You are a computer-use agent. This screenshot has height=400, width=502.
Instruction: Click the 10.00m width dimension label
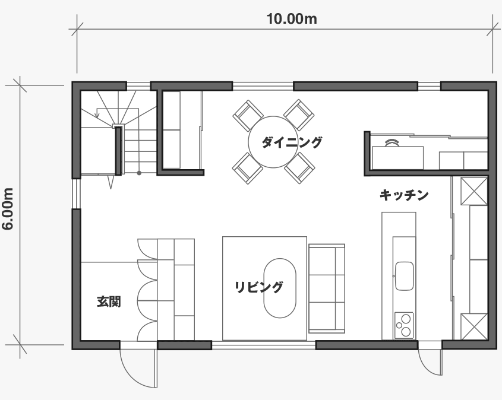pyautogui.click(x=292, y=19)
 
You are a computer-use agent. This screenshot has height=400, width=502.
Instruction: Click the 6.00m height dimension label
pyautogui.click(x=8, y=209)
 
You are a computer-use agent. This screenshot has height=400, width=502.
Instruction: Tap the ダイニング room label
pyautogui.click(x=292, y=142)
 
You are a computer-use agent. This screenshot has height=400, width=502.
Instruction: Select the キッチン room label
pyautogui.click(x=404, y=195)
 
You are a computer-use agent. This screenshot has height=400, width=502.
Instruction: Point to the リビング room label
pyautogui.click(x=258, y=287)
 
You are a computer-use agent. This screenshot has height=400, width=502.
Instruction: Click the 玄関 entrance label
pyautogui.click(x=109, y=301)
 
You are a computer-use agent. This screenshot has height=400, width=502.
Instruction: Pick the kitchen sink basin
pyautogui.click(x=405, y=276)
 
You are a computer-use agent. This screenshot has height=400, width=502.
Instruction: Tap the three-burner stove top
pyautogui.click(x=404, y=325)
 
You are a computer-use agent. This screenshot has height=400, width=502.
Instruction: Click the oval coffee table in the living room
pyautogui.click(x=280, y=288)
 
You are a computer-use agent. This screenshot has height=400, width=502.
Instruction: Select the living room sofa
pyautogui.click(x=327, y=288)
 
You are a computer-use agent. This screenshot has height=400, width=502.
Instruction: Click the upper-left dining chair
pyautogui.click(x=248, y=115)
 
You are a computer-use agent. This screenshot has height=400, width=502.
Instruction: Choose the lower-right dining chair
pyautogui.click(x=299, y=168)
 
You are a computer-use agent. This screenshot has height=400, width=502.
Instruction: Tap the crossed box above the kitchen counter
pyautogui.click(x=474, y=191)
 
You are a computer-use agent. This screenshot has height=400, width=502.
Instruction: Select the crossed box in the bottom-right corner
pyautogui.click(x=474, y=327)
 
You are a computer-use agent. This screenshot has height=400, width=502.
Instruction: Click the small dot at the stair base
pyautogui.click(x=139, y=173)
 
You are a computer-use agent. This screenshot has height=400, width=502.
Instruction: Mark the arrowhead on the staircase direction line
pyautogui.click(x=97, y=115)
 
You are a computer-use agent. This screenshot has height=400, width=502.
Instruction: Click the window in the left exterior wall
pyautogui.click(x=76, y=193)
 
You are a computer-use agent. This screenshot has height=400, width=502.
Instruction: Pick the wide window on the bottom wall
pyautogui.click(x=264, y=345)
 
